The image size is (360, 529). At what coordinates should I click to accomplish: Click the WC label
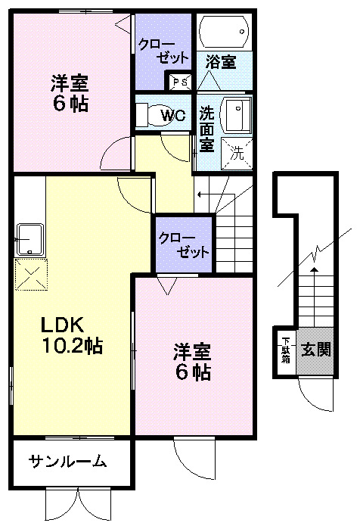click(x=173, y=116)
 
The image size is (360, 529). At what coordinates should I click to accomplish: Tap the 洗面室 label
click(x=206, y=126)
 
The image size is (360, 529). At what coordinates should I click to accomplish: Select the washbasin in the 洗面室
click(x=236, y=114)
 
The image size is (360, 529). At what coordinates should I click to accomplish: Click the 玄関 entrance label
click(x=314, y=350)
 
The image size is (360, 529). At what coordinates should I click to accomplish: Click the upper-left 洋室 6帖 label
click(x=70, y=92)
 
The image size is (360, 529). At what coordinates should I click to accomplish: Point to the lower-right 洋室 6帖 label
click(x=191, y=362)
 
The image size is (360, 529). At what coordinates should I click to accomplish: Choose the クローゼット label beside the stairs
click(x=183, y=244)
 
